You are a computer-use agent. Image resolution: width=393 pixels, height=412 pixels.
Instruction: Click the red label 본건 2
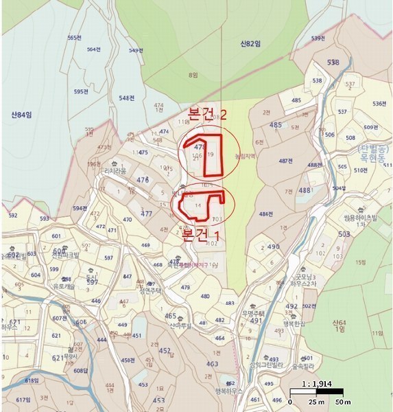click(211, 112)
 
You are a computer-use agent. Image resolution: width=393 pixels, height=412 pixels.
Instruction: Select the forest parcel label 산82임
click(250, 44)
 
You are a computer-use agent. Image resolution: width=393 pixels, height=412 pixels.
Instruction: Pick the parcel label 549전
click(136, 50)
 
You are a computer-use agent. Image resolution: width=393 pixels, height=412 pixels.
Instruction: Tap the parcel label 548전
click(126, 98)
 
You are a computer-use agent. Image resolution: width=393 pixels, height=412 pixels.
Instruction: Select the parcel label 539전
click(317, 38)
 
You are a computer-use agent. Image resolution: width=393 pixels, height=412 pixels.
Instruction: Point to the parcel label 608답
click(80, 371)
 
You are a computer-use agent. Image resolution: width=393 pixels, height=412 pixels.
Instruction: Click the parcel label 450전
click(127, 360)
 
